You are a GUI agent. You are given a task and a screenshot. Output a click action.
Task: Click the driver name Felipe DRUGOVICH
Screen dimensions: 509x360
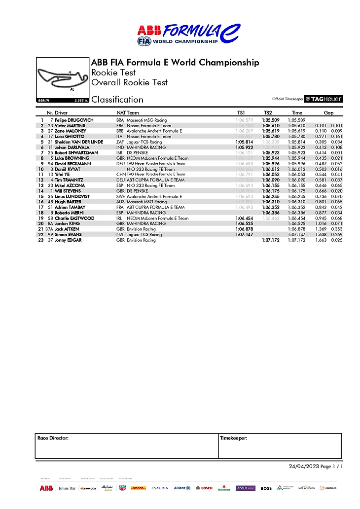click(74, 120)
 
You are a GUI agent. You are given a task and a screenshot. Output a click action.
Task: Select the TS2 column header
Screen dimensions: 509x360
click(268, 113)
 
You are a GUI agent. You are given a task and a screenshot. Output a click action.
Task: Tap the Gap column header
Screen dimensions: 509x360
click(328, 113)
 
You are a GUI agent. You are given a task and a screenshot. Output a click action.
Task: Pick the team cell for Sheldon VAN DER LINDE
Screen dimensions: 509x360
click(144, 142)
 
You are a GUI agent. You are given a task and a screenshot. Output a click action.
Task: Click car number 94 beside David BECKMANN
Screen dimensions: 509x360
click(50, 164)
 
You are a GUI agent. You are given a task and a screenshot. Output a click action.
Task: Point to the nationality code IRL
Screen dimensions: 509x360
click(119, 218)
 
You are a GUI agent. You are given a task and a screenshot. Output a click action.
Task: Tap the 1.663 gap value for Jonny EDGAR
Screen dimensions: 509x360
click(321, 240)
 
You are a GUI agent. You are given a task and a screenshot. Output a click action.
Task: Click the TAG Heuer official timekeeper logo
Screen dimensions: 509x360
click(323, 99)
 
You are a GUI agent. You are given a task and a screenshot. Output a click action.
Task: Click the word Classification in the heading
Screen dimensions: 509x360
click(117, 100)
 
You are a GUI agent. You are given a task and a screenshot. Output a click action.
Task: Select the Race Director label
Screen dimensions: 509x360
click(53, 438)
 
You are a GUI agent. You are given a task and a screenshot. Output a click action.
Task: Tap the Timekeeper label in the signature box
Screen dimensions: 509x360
click(233, 438)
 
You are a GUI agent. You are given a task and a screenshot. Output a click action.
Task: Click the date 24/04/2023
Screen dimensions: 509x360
click(303, 467)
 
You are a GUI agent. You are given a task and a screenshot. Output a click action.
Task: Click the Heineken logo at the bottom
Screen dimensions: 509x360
click(224, 488)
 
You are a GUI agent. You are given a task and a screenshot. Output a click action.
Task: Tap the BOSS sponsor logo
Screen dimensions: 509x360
click(266, 488)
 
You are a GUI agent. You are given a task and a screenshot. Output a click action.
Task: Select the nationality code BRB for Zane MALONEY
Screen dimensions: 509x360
click(120, 131)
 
